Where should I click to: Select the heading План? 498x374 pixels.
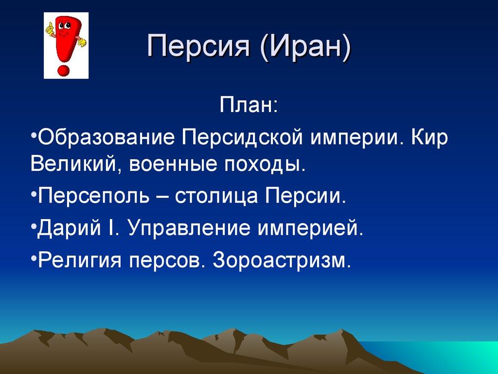[x=249, y=105]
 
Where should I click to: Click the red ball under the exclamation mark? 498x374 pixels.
[x=63, y=70]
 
